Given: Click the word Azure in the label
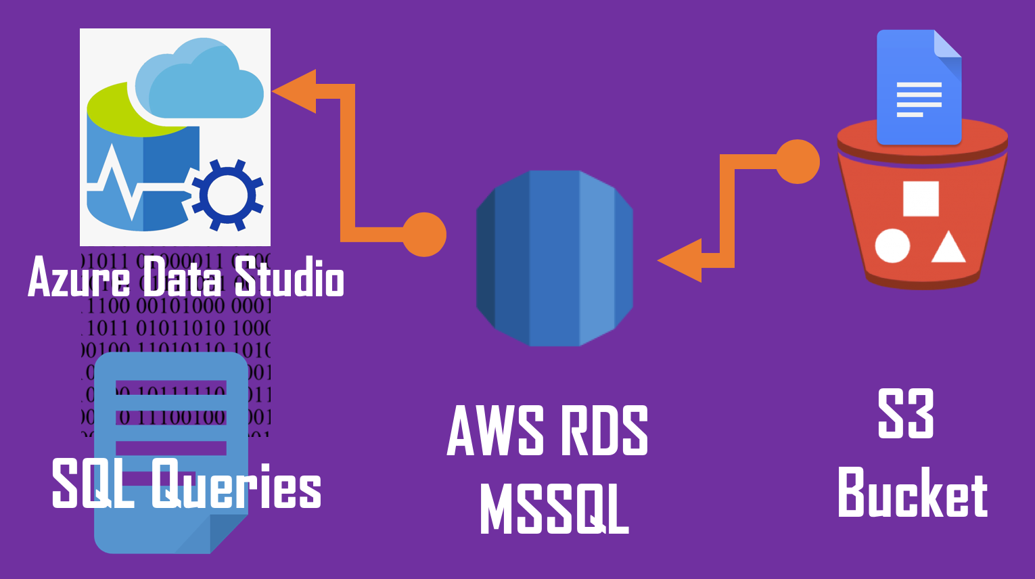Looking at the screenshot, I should point(78,277).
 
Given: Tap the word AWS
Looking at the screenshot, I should point(496,430).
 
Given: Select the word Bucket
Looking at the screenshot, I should point(913,492).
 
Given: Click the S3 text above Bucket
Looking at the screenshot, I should point(906,413).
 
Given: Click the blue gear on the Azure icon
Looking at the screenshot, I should point(227,195).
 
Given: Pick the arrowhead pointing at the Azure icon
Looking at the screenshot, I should point(295,91).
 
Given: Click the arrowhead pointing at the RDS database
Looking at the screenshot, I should point(681,260).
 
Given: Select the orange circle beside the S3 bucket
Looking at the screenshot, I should point(798,162).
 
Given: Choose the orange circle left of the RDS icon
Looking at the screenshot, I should point(424,235).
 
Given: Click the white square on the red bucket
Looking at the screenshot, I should point(921,198).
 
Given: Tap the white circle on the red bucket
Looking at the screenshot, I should point(892,246).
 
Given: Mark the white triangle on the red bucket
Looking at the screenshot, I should point(948,248).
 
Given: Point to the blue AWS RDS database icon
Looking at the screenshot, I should point(555,258).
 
